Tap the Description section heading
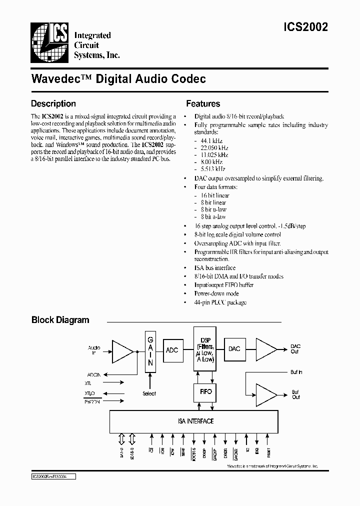[x=53, y=104]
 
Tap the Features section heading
[x=203, y=104]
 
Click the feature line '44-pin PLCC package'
[x=220, y=302]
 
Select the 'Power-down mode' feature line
[x=216, y=293]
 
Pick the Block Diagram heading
[x=60, y=320]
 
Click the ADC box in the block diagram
[x=172, y=349]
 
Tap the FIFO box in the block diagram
[x=205, y=391]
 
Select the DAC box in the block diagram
[x=234, y=348]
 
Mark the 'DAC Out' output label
[x=295, y=348]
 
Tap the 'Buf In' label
[x=296, y=372]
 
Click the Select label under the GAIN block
[x=149, y=393]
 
